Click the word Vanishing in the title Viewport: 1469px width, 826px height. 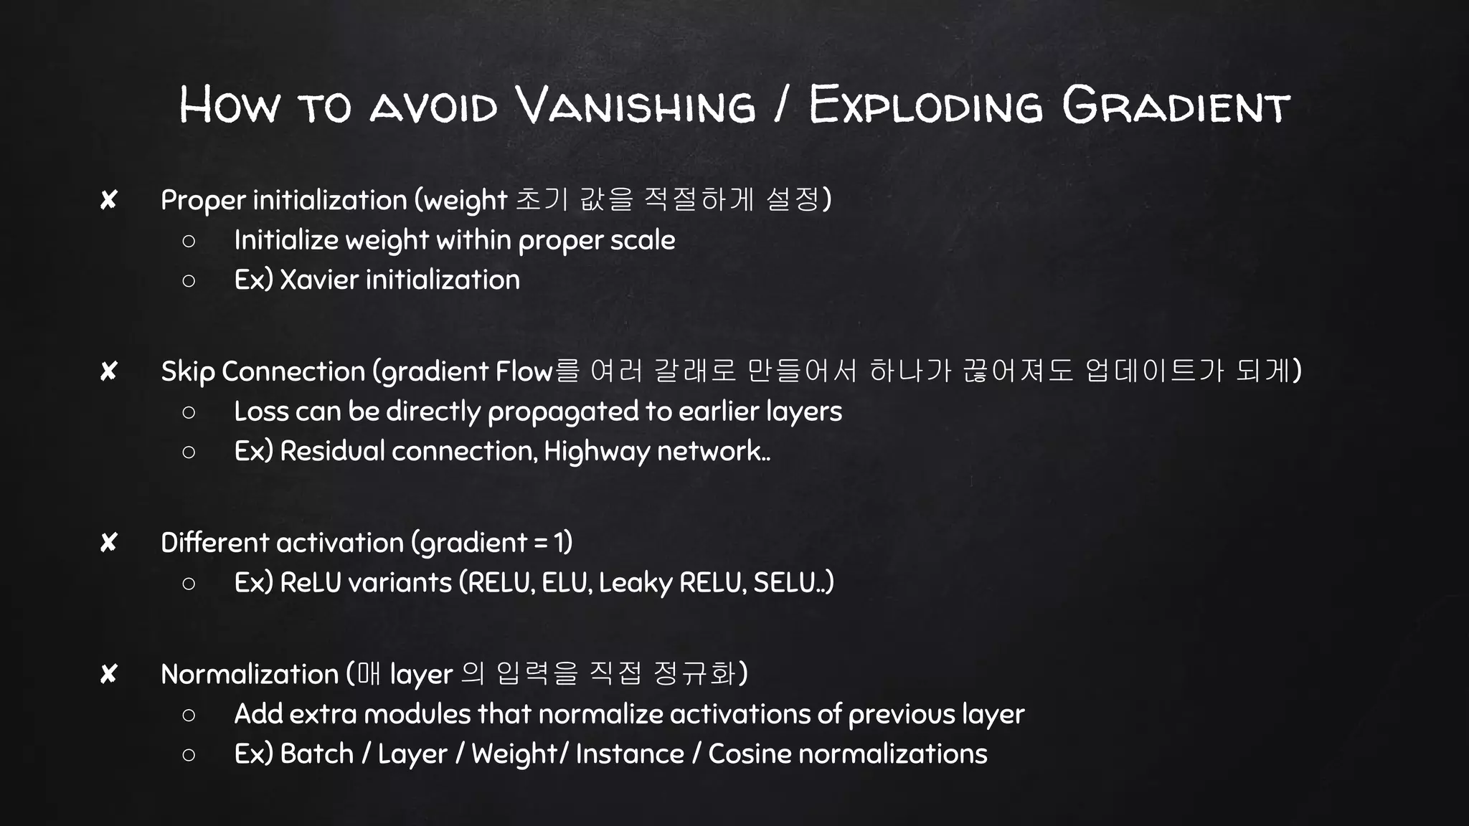point(636,105)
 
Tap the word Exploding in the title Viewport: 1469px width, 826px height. point(925,105)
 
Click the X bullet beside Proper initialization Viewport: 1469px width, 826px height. point(108,200)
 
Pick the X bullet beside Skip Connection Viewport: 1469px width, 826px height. point(108,371)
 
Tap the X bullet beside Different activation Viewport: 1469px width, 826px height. point(108,543)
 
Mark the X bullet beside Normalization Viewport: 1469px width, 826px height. point(108,674)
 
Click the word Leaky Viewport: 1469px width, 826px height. point(635,583)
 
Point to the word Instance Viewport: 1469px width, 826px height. point(630,754)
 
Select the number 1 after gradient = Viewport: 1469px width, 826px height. point(559,543)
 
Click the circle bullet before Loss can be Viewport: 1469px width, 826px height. point(189,412)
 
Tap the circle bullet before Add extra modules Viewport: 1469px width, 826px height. point(189,715)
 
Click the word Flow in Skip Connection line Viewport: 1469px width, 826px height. point(524,371)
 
